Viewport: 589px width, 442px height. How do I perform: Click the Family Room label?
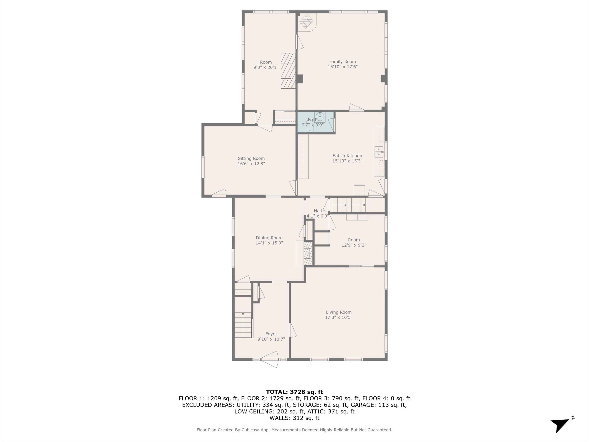pyautogui.click(x=342, y=62)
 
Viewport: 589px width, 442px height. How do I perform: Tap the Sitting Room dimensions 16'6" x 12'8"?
pyautogui.click(x=251, y=164)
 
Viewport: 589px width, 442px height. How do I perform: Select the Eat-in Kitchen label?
pyautogui.click(x=347, y=156)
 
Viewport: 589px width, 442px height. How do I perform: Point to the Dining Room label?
pyautogui.click(x=269, y=238)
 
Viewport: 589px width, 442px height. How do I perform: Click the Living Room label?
pyautogui.click(x=339, y=312)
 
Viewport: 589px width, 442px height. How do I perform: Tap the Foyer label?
pyautogui.click(x=271, y=334)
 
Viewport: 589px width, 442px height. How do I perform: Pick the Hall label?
pyautogui.click(x=318, y=211)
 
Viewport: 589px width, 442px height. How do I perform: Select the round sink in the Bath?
pyautogui.click(x=320, y=117)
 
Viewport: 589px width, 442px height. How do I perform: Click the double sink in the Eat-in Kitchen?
pyautogui.click(x=379, y=152)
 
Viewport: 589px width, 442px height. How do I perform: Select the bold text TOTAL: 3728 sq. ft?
pyautogui.click(x=294, y=392)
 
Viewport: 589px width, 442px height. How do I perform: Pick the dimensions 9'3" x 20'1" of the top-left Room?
pyautogui.click(x=266, y=67)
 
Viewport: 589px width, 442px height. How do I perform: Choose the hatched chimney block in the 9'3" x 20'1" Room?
pyautogui.click(x=288, y=71)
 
